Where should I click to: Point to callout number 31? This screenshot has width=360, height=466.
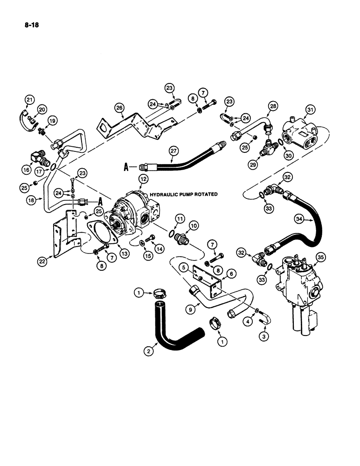click(x=309, y=110)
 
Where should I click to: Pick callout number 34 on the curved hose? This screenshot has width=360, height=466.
click(x=299, y=219)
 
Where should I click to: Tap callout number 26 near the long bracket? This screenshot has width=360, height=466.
click(x=119, y=108)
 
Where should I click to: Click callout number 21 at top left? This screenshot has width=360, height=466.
click(x=30, y=99)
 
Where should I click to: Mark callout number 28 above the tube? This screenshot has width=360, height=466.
click(x=272, y=107)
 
